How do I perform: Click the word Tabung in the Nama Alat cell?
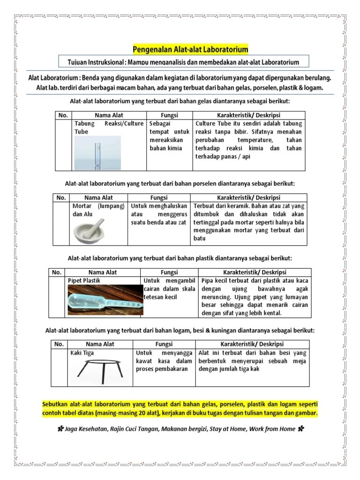pyautogui.click(x=85, y=124)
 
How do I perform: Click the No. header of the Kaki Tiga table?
pyautogui.click(x=60, y=344)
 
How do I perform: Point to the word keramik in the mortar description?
pyautogui.click(x=238, y=206)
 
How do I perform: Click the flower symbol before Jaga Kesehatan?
pyautogui.click(x=61, y=428)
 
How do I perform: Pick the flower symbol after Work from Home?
pyautogui.click(x=300, y=428)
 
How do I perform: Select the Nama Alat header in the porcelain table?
pyautogui.click(x=98, y=197)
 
